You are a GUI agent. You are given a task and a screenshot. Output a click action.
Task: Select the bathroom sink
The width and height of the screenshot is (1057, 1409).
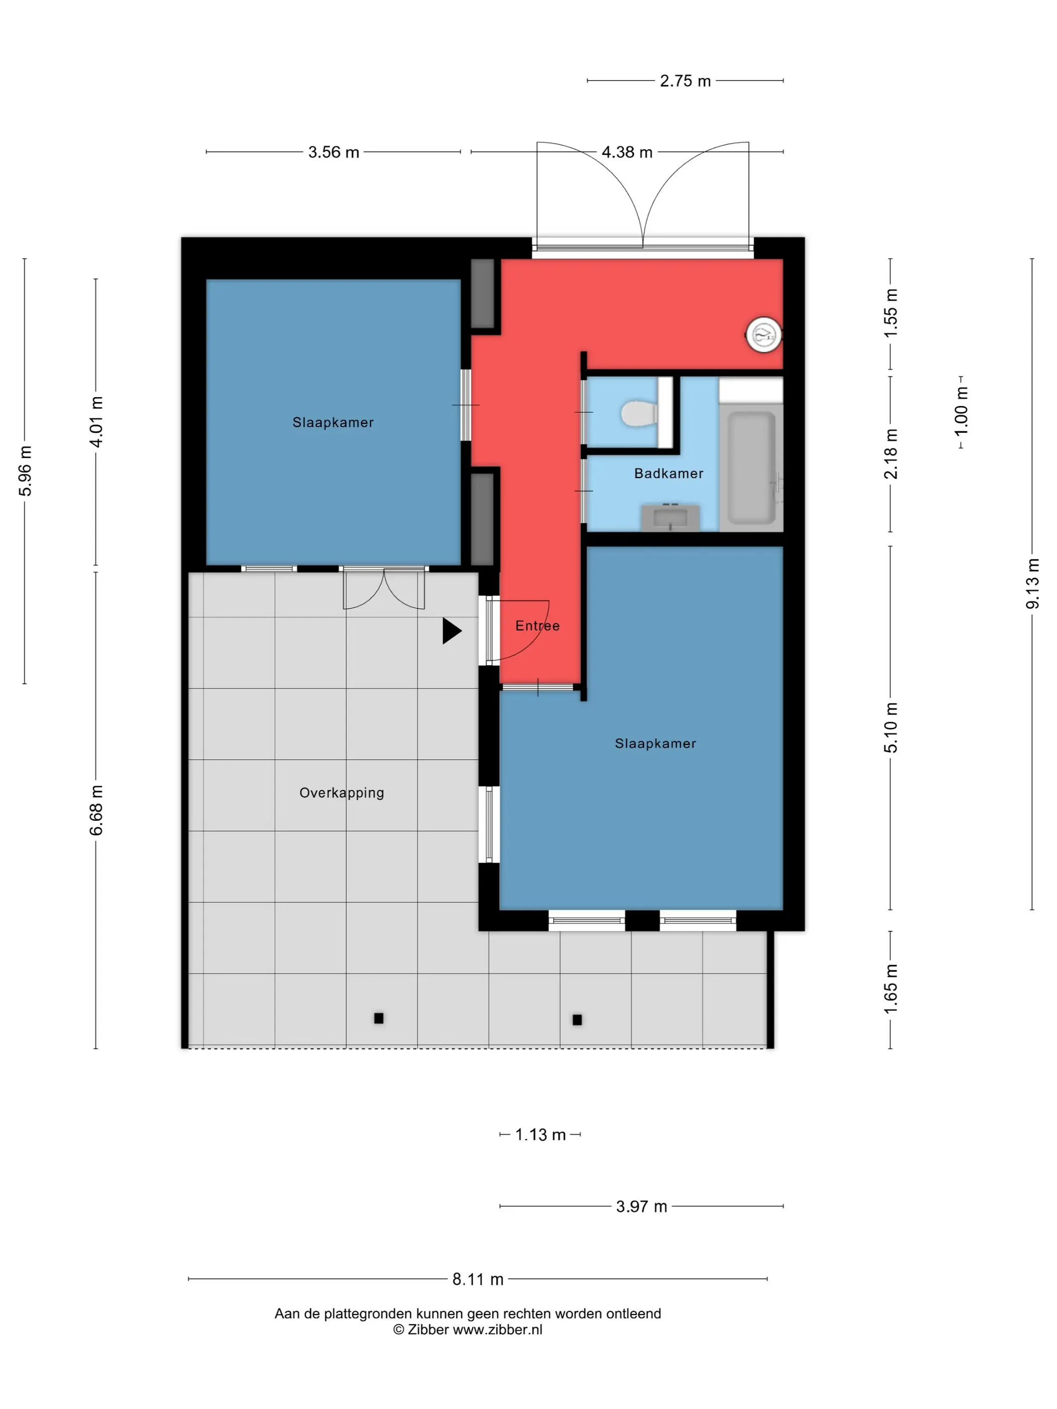(670, 517)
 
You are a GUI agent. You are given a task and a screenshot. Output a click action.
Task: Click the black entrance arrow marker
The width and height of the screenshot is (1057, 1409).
(451, 631)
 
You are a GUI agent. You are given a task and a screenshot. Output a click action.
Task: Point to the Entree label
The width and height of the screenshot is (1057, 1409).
(537, 625)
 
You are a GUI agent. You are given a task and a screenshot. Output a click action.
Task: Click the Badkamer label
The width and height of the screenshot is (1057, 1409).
(668, 474)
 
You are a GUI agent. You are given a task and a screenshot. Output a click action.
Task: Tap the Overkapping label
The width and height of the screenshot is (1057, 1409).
(341, 793)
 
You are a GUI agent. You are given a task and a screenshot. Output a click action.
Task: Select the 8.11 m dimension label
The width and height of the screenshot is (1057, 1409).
(478, 1279)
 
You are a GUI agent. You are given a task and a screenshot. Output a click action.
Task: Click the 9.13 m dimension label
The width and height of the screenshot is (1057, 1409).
(1032, 583)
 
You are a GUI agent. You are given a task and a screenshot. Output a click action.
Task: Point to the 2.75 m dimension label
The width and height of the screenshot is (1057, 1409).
(685, 81)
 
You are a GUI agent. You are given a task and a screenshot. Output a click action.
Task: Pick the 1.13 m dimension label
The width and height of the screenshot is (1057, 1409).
(540, 1134)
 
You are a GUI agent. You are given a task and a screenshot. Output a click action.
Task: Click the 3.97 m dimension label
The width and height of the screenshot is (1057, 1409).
(641, 1206)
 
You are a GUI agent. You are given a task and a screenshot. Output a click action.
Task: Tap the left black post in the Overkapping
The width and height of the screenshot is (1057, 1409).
(379, 1018)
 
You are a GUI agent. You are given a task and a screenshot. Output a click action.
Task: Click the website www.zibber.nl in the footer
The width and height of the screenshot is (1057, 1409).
(498, 1329)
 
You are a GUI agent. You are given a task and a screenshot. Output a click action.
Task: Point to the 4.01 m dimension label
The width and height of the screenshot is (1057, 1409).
(96, 421)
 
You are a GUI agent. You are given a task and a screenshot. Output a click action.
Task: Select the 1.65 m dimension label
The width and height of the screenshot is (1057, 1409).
(891, 989)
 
